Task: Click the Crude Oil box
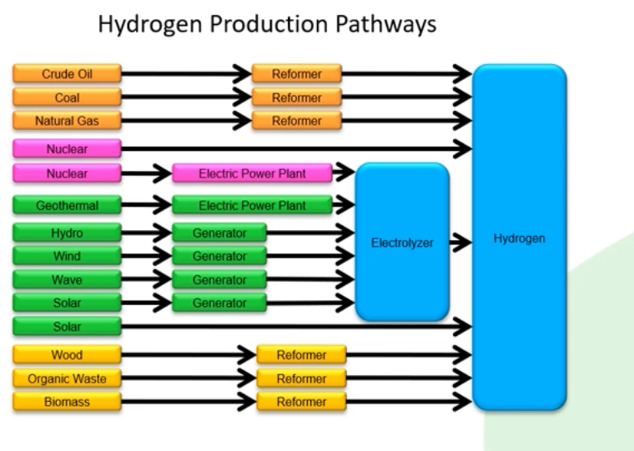(67, 74)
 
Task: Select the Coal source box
(67, 98)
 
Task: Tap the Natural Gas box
(67, 121)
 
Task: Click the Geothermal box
(67, 206)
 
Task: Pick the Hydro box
(67, 233)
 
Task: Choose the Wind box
(67, 256)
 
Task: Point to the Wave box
(67, 279)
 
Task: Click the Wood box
(67, 355)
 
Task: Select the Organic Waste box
(67, 378)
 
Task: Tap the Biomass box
(67, 402)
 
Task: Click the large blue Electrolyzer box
(402, 243)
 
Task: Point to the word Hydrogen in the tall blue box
(519, 238)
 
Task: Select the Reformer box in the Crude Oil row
(297, 74)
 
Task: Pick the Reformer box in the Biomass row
(301, 402)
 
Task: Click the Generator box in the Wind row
(219, 256)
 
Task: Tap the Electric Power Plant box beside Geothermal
(252, 206)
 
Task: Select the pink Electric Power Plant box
(252, 174)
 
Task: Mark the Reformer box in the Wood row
(301, 355)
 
